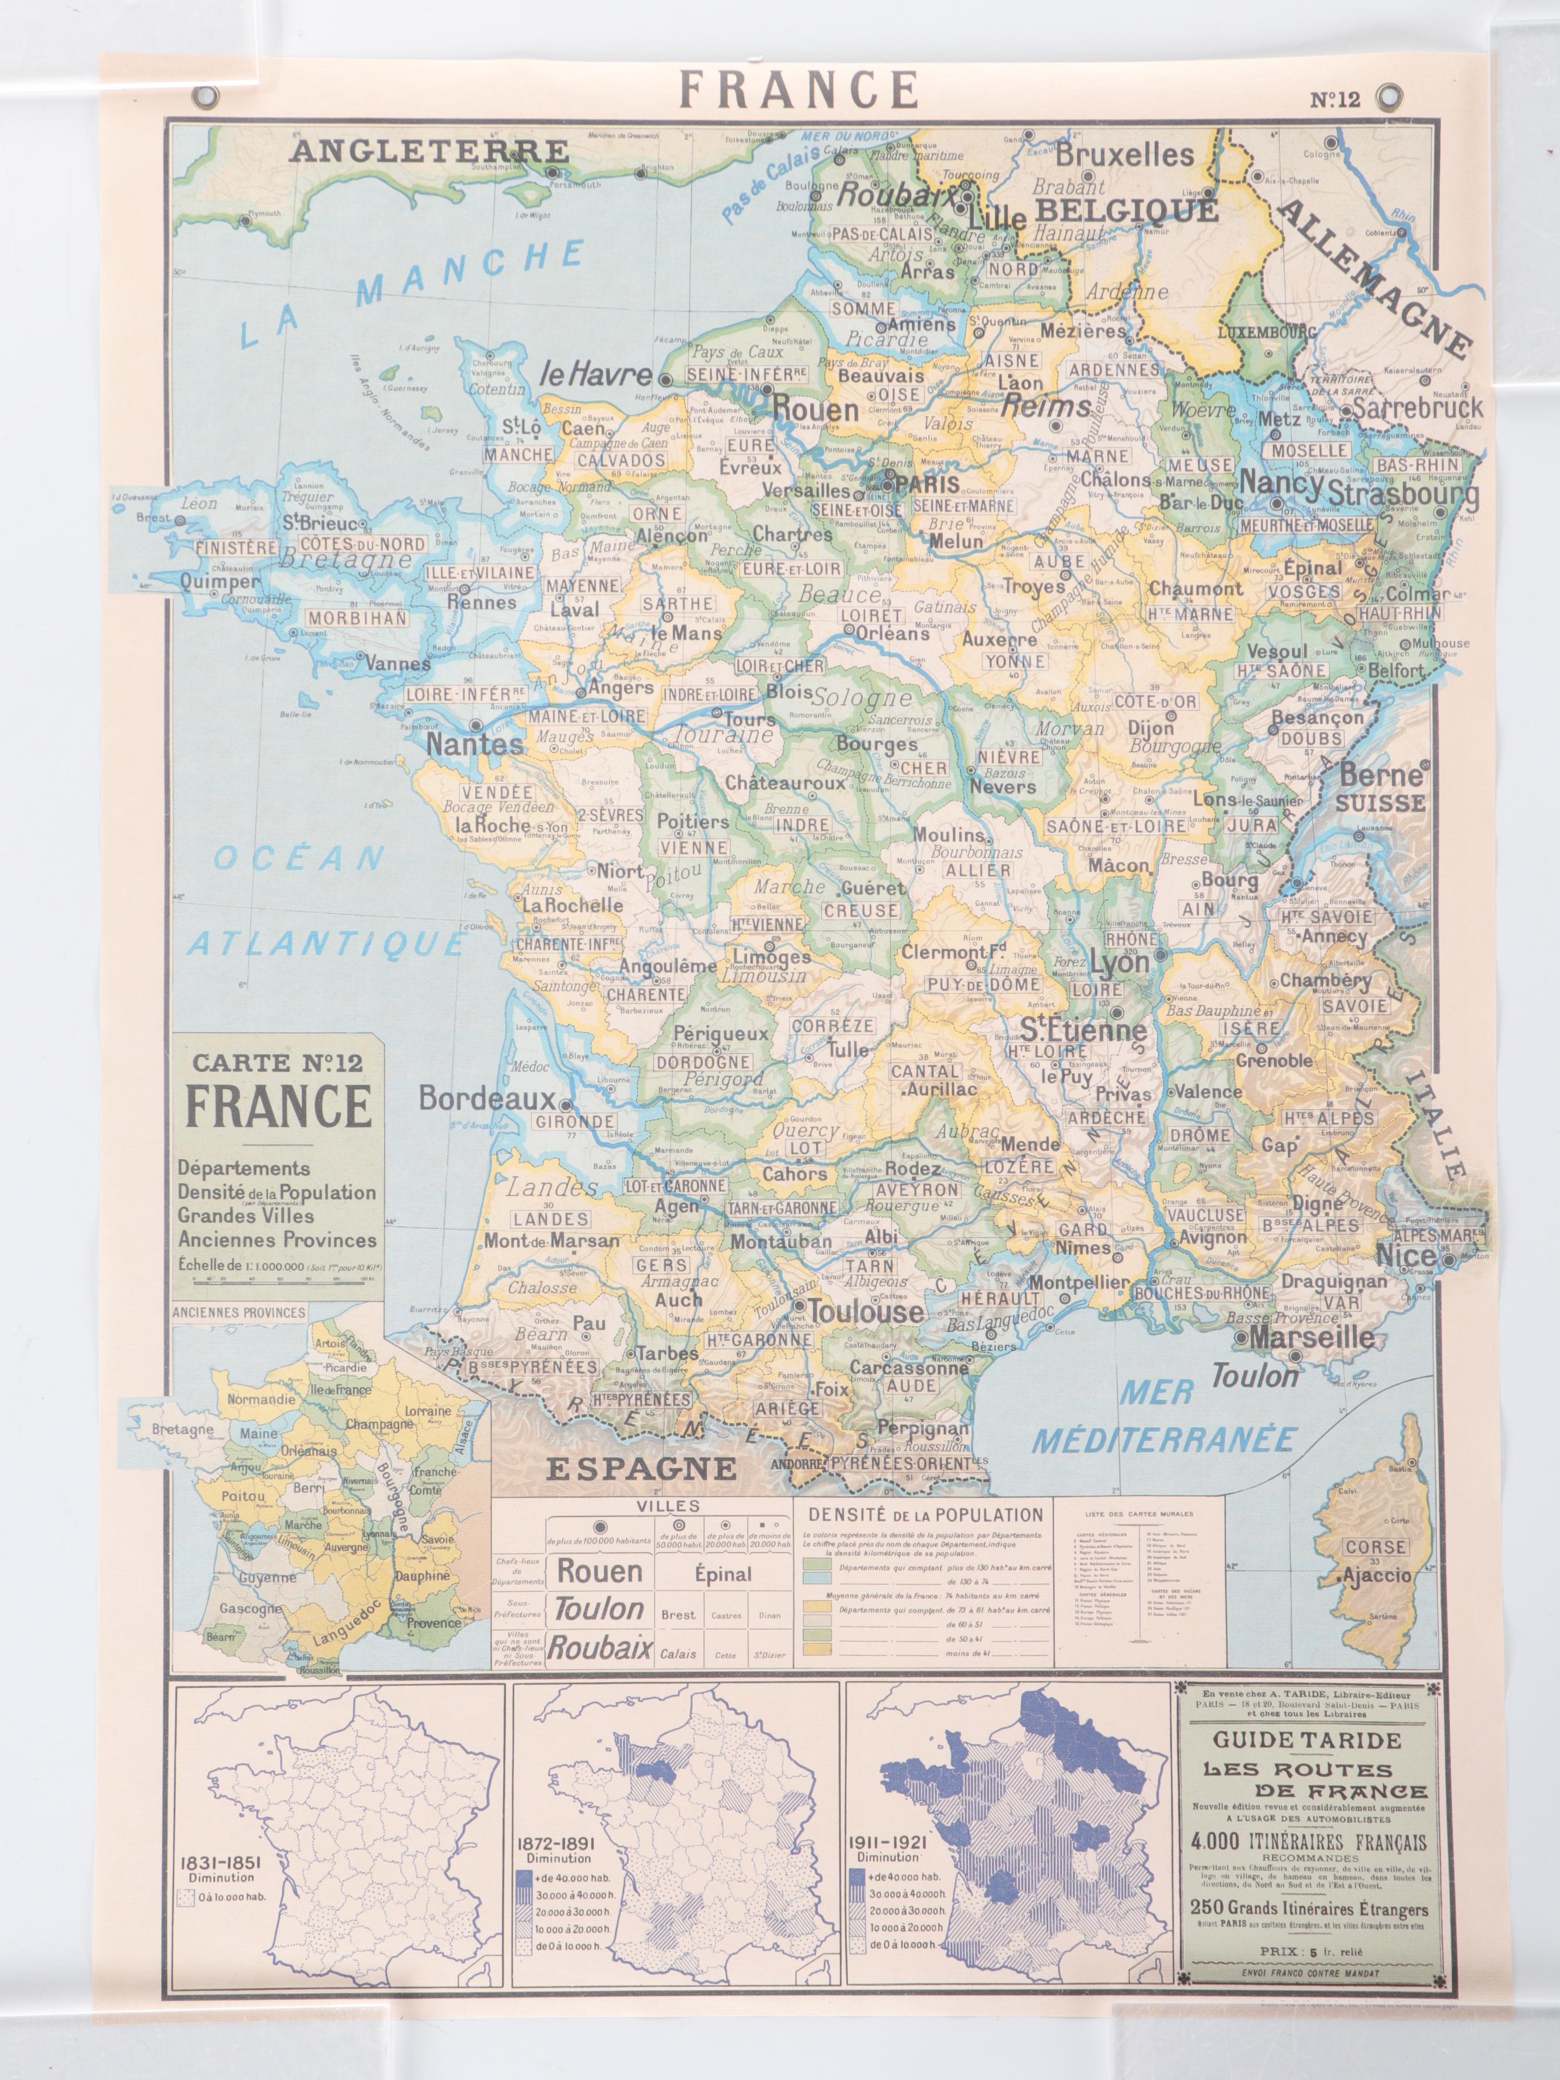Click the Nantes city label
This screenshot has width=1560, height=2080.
475,744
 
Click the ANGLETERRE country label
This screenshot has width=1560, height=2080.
429,150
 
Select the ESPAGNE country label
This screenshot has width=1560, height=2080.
641,1468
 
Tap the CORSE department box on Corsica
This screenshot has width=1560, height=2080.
1376,1547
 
